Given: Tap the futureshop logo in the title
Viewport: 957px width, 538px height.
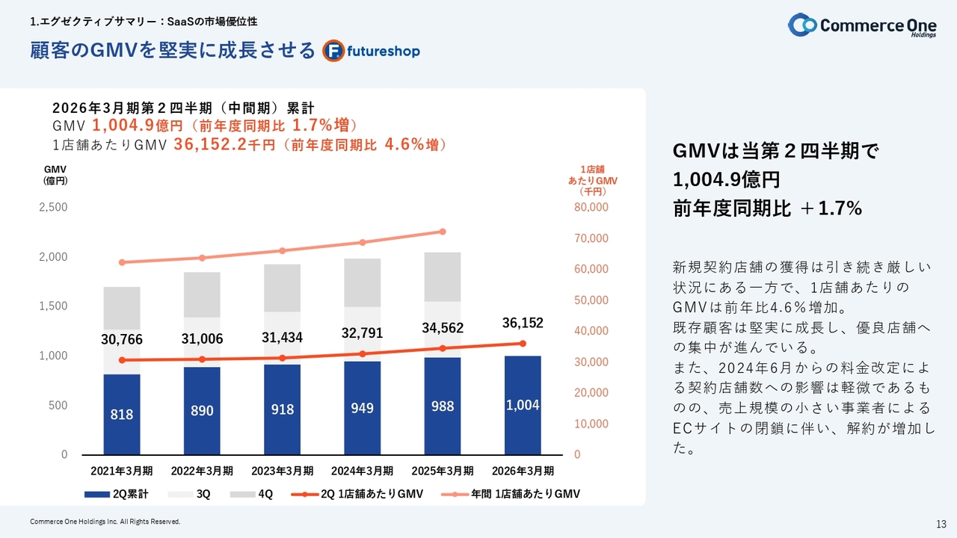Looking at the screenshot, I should [x=372, y=51].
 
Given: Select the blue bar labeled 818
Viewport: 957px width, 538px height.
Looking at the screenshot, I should [x=122, y=414].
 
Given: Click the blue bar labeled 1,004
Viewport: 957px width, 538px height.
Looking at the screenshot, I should [x=522, y=405].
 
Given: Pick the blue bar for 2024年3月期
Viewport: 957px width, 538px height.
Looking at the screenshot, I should [x=362, y=408].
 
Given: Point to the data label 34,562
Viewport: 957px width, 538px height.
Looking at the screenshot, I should [x=443, y=328].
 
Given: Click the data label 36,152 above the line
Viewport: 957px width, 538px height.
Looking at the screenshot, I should [x=522, y=323].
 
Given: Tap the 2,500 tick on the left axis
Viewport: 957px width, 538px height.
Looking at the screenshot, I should [x=53, y=207].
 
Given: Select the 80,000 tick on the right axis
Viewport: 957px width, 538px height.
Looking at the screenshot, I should [x=591, y=207].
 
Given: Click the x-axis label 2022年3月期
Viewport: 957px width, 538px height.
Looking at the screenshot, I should [x=202, y=471].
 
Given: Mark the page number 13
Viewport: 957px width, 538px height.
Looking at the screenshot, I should [x=941, y=522].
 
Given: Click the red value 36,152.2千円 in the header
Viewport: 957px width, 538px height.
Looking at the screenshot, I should [x=224, y=145].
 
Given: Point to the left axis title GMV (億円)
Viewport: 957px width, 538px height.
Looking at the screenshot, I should [x=55, y=175].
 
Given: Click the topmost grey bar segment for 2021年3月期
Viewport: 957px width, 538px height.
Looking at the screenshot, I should [x=122, y=308].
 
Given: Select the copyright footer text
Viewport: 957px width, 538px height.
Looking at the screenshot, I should [x=105, y=522].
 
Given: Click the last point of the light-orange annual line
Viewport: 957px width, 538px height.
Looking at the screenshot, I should [x=443, y=232].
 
